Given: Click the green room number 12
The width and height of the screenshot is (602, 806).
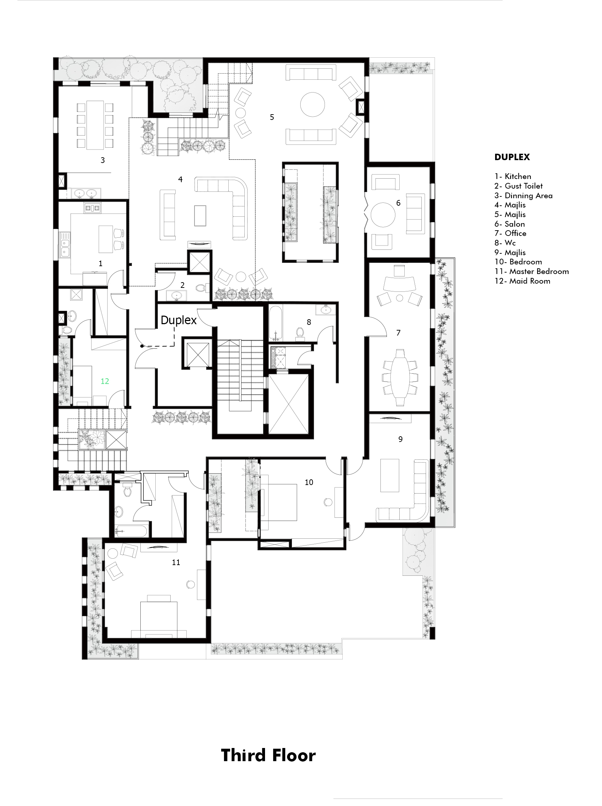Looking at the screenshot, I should [105, 381].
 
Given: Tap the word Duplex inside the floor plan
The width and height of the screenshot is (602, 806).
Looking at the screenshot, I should [178, 320].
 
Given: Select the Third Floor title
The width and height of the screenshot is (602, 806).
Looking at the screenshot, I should [268, 755].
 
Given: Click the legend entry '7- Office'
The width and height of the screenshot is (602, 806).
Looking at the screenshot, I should [510, 233].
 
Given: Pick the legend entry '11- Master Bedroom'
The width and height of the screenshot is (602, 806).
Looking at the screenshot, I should [531, 272].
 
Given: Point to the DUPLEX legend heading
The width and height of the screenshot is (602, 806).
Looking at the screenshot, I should [512, 157].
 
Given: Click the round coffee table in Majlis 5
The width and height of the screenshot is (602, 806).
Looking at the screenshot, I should [312, 105].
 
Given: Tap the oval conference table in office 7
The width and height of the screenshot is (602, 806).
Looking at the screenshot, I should [400, 378].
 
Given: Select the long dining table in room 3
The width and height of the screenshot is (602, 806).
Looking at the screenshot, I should [95, 125].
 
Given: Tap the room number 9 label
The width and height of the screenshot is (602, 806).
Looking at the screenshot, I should [400, 439].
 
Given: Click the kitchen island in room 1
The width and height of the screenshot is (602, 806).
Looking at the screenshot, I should [106, 239].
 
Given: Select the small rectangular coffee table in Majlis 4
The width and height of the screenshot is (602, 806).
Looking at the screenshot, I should [200, 216].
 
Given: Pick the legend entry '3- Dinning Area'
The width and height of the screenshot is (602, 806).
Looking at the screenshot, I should [523, 195].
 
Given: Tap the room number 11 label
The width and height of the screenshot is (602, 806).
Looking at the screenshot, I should [176, 563].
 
